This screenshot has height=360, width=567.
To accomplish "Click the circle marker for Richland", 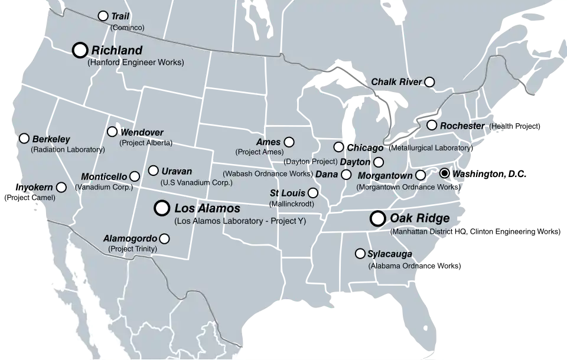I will pos(80,50).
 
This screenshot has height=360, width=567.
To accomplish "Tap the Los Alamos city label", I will pos(207,208).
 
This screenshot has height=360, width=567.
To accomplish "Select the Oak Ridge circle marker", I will pos(377,219).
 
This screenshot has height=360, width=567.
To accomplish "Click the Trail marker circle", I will pos(103,16).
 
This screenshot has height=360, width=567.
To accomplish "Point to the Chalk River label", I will pos(396,82).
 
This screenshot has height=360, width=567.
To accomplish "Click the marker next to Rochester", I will pos(432,125).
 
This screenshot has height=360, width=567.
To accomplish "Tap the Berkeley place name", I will pos(51,139).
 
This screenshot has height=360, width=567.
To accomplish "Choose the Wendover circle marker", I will pos(112,132).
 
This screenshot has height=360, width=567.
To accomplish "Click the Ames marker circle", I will pos(289,142).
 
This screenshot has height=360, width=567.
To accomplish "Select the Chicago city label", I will pos(365,148).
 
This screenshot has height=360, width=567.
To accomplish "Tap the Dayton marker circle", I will pos(379,162).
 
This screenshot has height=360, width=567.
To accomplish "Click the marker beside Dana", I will pos(346,175).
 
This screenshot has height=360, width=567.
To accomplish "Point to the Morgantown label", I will pos(384,176).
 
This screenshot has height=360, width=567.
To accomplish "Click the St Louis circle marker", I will pos(313,193).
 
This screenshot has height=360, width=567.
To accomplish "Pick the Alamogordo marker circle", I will pos(164,239).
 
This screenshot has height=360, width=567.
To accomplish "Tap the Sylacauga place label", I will pos(390,254).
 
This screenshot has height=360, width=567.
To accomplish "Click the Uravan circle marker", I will pos(153,171).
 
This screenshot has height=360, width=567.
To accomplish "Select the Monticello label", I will pos(103,176).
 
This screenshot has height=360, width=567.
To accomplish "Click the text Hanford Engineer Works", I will pos(135,63).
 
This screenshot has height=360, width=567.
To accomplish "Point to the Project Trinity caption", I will pos(133,249).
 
